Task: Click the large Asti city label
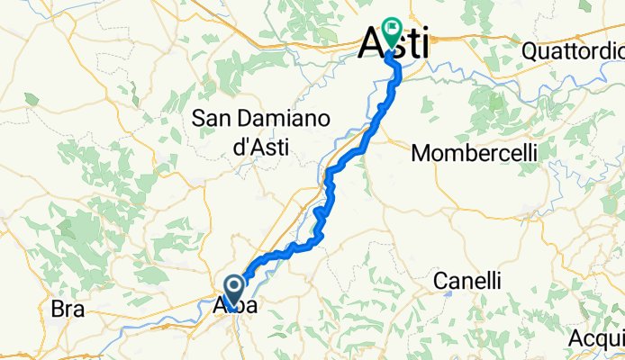click(x=394, y=43)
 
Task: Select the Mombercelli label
click(x=474, y=154)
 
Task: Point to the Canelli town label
click(x=466, y=282)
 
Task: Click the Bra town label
click(x=68, y=310)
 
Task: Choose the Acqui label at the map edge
click(x=597, y=337)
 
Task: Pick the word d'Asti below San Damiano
click(x=260, y=146)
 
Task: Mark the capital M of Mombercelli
click(x=420, y=154)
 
